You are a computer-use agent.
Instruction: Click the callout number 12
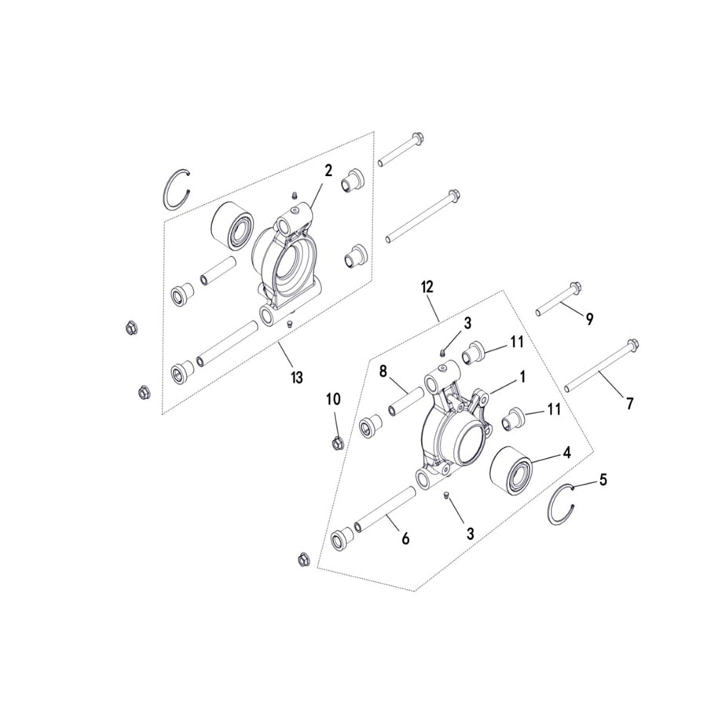click(x=427, y=288)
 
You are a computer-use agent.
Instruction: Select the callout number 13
click(x=295, y=379)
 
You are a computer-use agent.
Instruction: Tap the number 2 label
click(x=328, y=170)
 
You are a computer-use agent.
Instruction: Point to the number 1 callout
click(x=521, y=377)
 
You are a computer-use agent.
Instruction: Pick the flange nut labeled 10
click(x=335, y=442)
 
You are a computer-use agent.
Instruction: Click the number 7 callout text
click(x=628, y=404)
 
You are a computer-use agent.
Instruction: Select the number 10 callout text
click(x=333, y=400)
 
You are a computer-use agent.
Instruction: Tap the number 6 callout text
click(x=405, y=540)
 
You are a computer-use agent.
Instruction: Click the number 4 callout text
click(x=565, y=453)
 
